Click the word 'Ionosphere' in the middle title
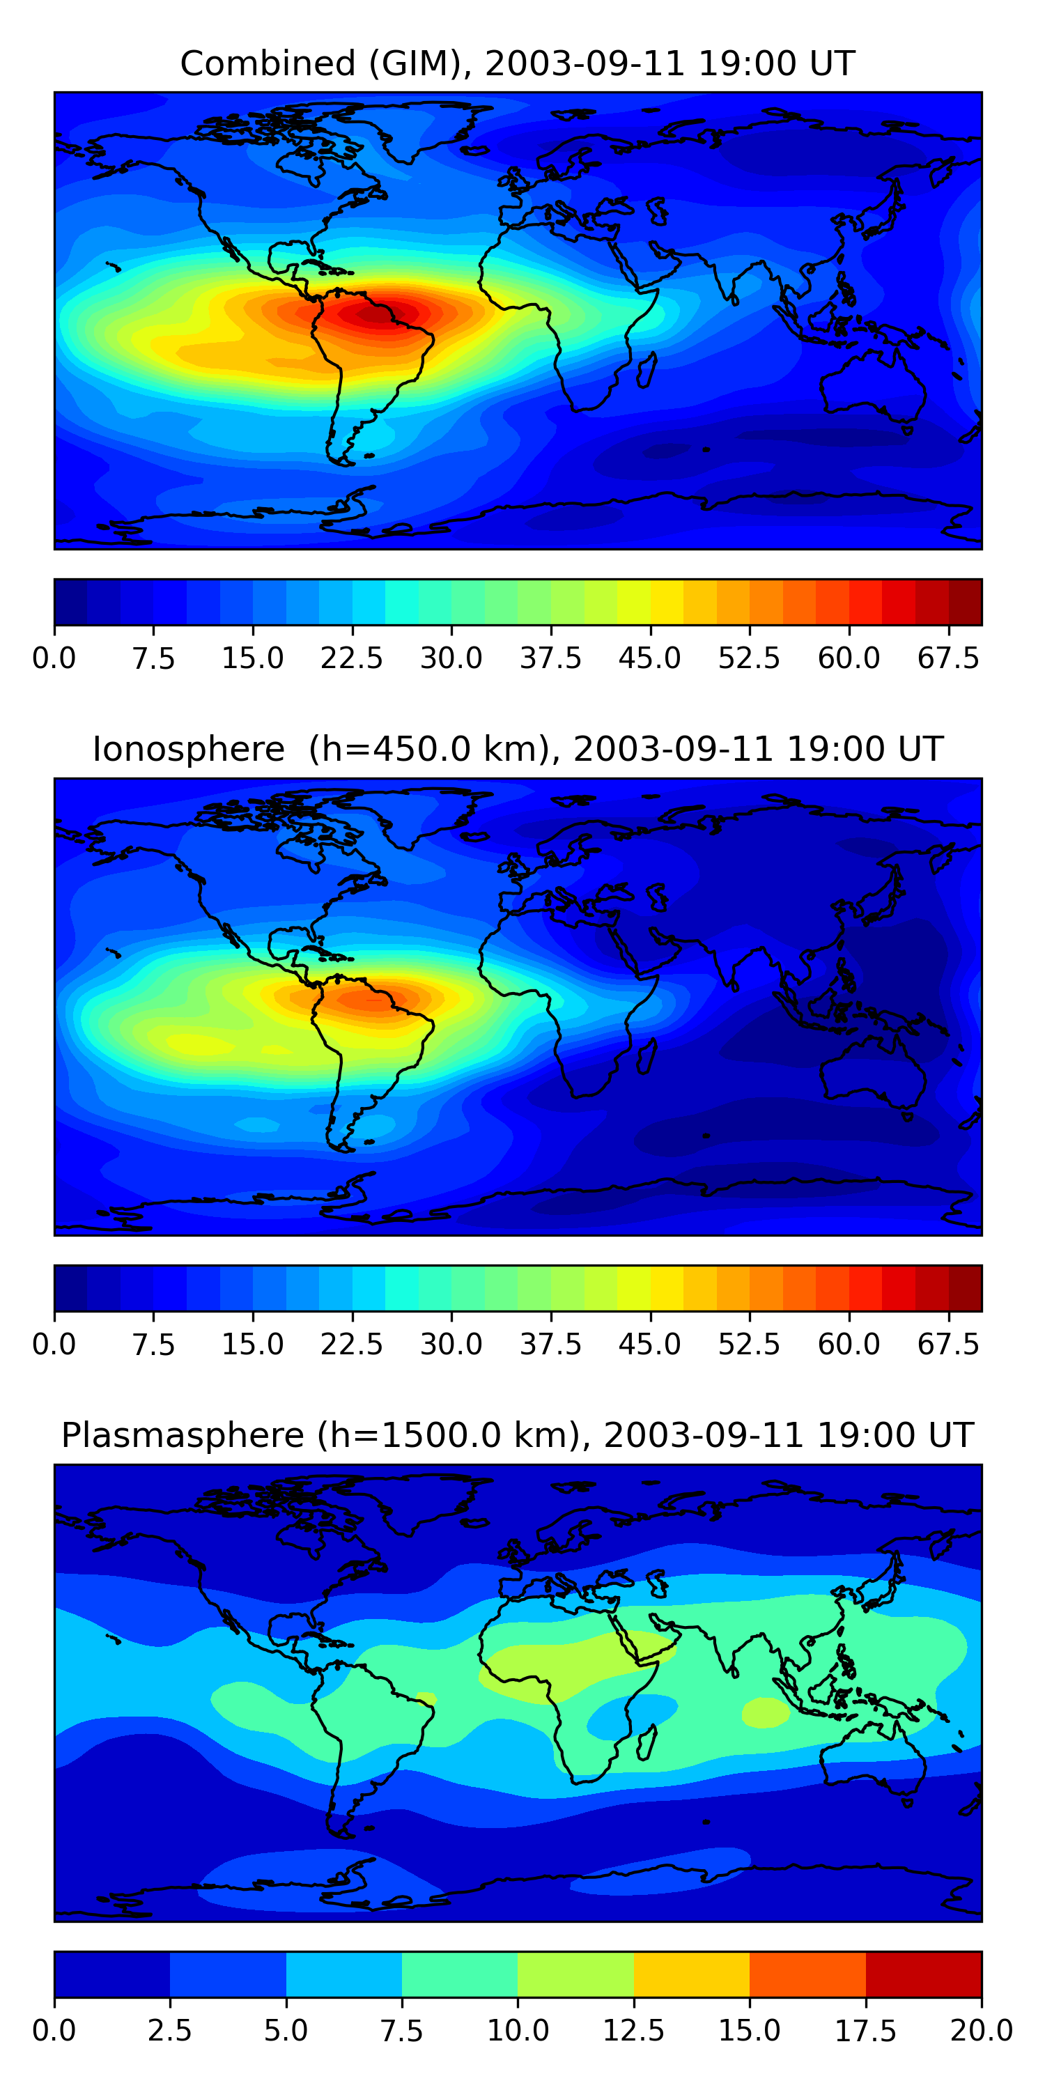pyautogui.click(x=188, y=749)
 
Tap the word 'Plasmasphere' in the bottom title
pyautogui.click(x=183, y=1435)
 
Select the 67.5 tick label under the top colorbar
pyautogui.click(x=948, y=658)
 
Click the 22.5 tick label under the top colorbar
pyautogui.click(x=351, y=658)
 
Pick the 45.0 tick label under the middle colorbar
pyautogui.click(x=649, y=1345)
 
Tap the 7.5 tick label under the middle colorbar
pyautogui.click(x=153, y=1345)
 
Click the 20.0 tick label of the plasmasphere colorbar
pyautogui.click(x=981, y=2031)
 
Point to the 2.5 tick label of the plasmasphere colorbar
pyautogui.click(x=169, y=2031)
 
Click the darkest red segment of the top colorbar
pyautogui.click(x=965, y=602)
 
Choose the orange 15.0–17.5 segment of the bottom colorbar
pyautogui.click(x=807, y=1974)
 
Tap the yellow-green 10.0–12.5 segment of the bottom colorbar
pyautogui.click(x=575, y=1974)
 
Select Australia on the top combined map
pyautogui.click(x=872, y=385)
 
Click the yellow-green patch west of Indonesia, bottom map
pyautogui.click(x=765, y=1712)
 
